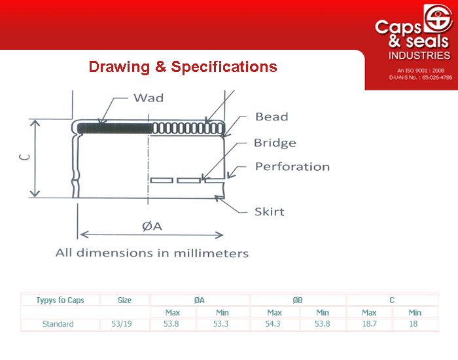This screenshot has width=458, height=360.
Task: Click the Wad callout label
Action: pyautogui.click(x=149, y=98)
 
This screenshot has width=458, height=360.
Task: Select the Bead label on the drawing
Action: pyautogui.click(x=272, y=117)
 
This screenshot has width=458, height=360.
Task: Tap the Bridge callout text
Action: pyautogui.click(x=275, y=143)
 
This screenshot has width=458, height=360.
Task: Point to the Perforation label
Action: pyautogui.click(x=292, y=166)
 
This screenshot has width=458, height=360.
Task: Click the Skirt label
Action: pyautogui.click(x=270, y=211)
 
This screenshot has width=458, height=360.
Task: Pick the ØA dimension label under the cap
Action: pyautogui.click(x=152, y=226)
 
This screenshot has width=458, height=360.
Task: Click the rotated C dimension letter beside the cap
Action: pyautogui.click(x=25, y=157)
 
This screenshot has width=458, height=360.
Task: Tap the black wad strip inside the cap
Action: pyautogui.click(x=114, y=128)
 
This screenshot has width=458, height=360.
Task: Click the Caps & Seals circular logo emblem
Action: pyautogui.click(x=438, y=18)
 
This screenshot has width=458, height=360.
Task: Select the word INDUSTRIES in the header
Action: pyautogui.click(x=419, y=56)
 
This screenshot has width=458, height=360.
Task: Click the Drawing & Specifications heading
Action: pyautogui.click(x=183, y=67)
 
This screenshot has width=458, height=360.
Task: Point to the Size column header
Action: pyautogui.click(x=124, y=300)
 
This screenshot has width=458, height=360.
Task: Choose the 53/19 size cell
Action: pyautogui.click(x=122, y=324)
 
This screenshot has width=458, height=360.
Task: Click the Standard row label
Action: pyautogui.click(x=58, y=324)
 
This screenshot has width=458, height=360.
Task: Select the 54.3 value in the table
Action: pyautogui.click(x=273, y=324)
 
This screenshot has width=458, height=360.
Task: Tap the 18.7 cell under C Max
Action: pyautogui.click(x=369, y=324)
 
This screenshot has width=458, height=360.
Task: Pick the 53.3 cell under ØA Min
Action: pyautogui.click(x=221, y=324)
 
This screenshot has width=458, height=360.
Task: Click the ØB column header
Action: pyautogui.click(x=298, y=300)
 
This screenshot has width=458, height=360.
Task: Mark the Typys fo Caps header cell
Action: pyautogui.click(x=60, y=300)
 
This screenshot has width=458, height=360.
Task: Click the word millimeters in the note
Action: pyautogui.click(x=211, y=253)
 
